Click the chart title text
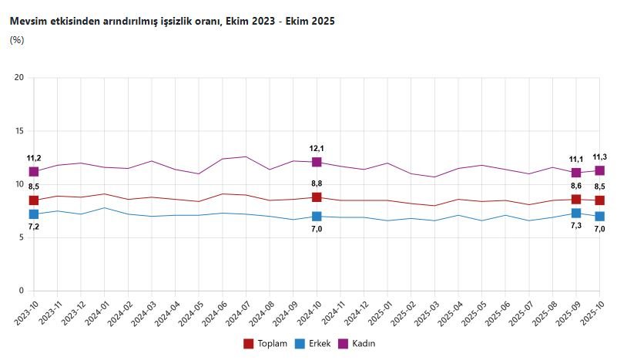172,22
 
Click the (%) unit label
17,40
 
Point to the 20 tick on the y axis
19,78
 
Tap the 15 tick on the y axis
19,131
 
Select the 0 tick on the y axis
22,291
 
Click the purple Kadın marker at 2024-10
317,162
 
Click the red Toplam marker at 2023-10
34,200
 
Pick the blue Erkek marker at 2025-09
576,213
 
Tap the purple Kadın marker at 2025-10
599,170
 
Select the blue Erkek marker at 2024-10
317,217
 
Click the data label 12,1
317,148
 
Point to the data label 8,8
317,183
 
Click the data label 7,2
34,227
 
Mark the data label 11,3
599,156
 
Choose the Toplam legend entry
266,343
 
